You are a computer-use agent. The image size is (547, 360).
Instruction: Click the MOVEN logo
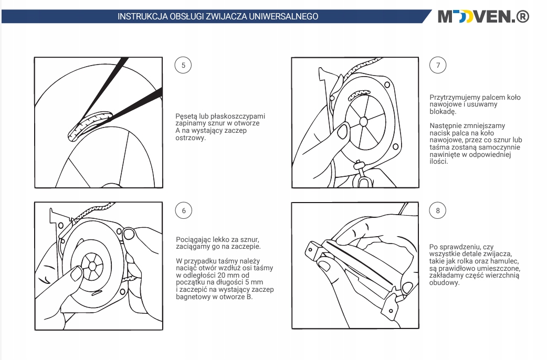point(483,17)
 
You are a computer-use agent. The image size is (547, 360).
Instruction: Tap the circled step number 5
point(183,65)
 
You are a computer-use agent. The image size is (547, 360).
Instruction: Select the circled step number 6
point(183,211)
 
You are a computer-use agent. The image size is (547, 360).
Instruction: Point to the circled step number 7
point(438,65)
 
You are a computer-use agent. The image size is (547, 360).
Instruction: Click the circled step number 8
point(438,211)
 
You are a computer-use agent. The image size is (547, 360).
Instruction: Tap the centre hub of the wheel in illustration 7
point(363,122)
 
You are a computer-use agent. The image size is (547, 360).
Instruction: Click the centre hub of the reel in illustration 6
point(92,266)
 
